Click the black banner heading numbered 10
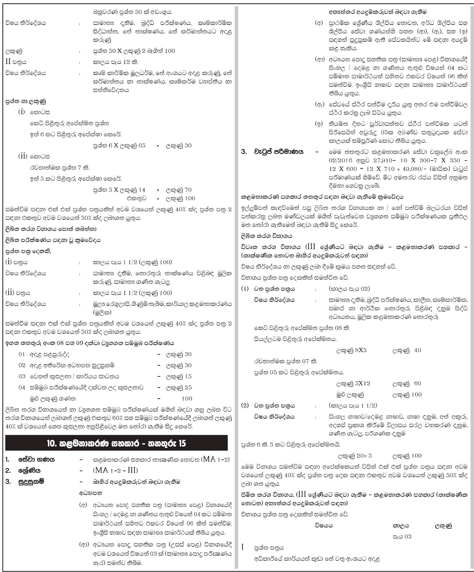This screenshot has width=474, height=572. click(117, 444)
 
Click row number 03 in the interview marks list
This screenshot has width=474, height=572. click(22, 376)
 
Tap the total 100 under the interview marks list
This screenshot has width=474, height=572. click(186, 399)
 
